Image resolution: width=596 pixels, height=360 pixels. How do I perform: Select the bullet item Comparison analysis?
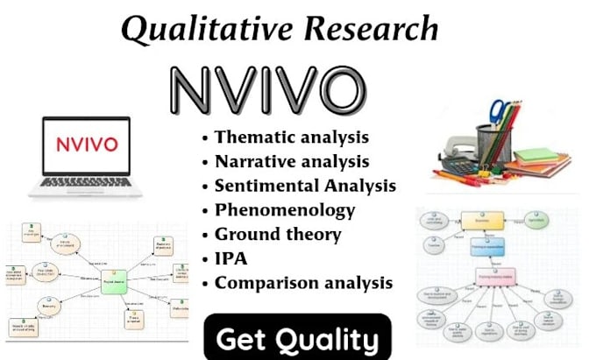point(303,283)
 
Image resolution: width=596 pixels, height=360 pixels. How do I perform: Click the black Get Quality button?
point(297,337)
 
